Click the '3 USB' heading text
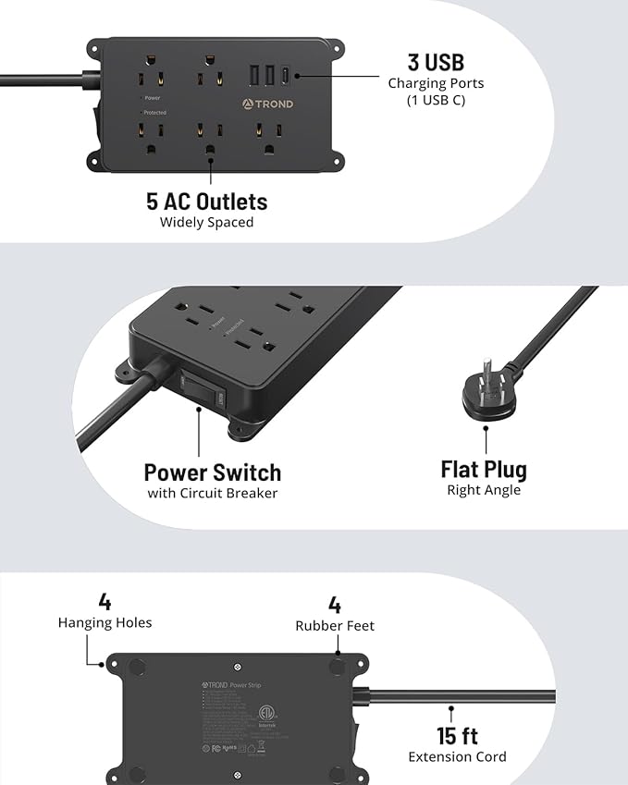(436, 62)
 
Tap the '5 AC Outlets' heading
(206, 202)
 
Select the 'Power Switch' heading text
(212, 472)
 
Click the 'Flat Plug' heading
(484, 470)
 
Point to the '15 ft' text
(457, 736)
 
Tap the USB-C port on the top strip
(285, 75)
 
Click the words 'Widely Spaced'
(206, 222)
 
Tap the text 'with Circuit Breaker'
(212, 493)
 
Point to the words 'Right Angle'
(484, 490)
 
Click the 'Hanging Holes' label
(105, 623)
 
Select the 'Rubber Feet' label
(335, 626)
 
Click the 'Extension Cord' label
(457, 757)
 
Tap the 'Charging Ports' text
(436, 83)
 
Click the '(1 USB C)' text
(436, 100)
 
